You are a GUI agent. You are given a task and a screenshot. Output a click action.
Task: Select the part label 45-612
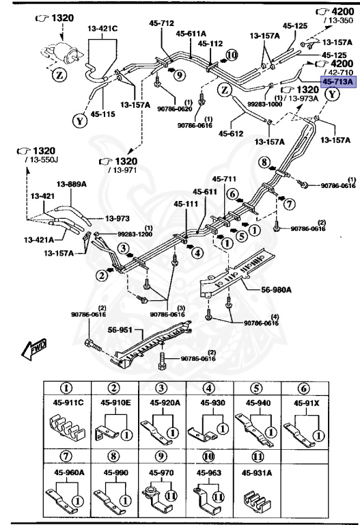(x=231, y=133)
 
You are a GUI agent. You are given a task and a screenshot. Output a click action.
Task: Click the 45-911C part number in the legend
(x=68, y=403)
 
